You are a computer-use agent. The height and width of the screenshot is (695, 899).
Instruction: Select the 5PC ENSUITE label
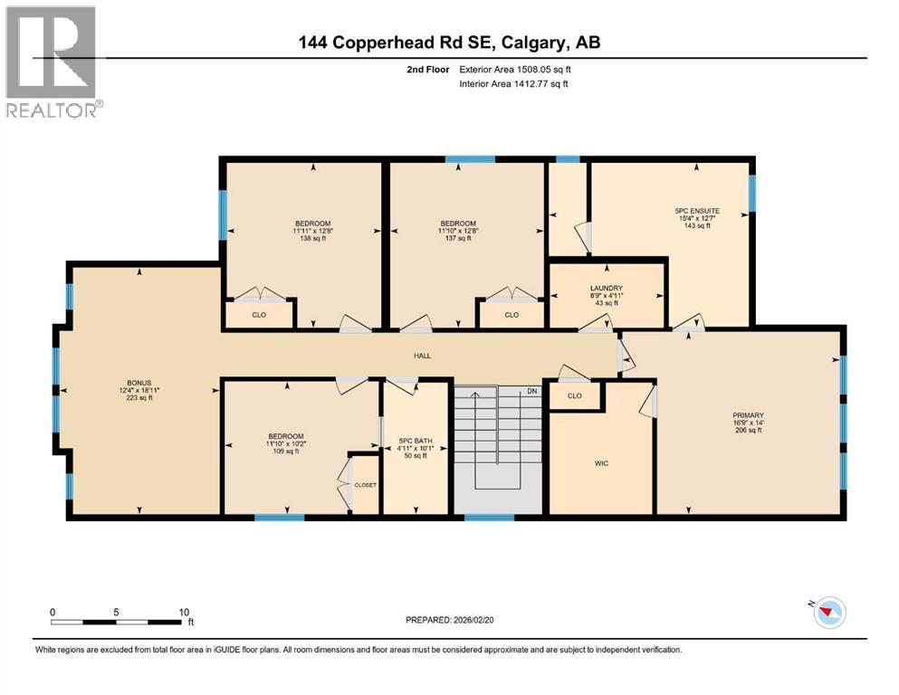(x=696, y=210)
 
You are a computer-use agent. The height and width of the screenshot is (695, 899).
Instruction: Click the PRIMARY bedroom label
(x=749, y=415)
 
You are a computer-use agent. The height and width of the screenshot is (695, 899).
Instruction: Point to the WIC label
(x=601, y=463)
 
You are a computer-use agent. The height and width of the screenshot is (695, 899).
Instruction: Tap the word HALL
(x=422, y=357)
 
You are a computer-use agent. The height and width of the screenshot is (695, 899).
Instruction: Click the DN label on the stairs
(x=531, y=392)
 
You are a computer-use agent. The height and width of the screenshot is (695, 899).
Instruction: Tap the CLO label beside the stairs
(x=574, y=396)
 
